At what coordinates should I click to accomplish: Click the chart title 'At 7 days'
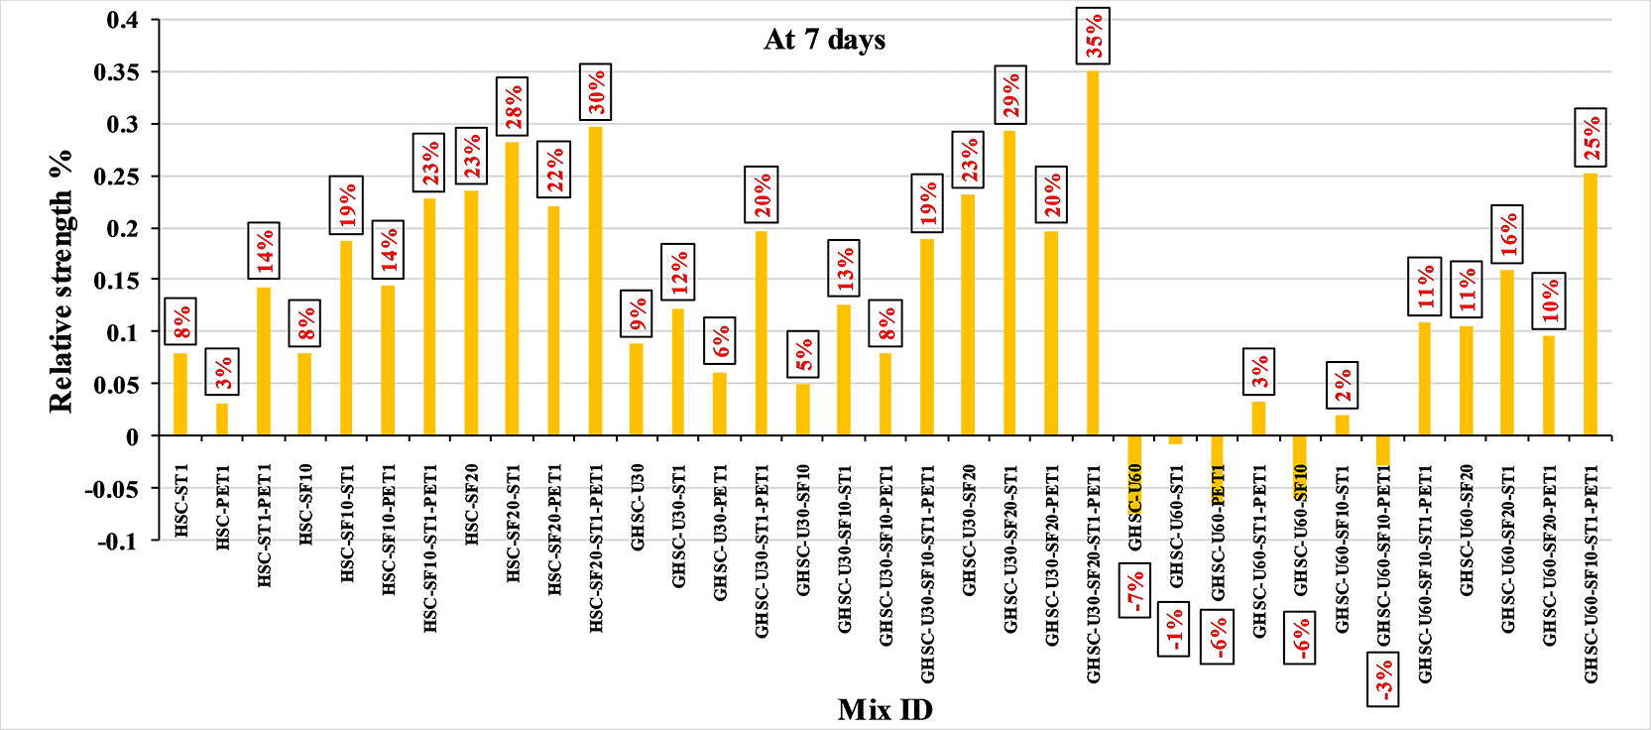(824, 40)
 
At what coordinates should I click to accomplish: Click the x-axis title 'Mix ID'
(884, 710)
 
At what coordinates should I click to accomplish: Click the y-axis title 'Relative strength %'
(61, 281)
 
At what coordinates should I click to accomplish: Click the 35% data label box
(1093, 37)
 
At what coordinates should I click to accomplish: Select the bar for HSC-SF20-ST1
(513, 289)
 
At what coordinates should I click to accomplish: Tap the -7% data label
(1134, 591)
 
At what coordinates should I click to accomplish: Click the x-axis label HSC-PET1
(223, 507)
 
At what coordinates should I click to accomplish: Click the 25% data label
(1591, 137)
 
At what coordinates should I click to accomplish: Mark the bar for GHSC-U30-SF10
(803, 410)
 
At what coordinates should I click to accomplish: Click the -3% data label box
(1383, 679)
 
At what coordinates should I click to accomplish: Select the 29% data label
(1009, 95)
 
